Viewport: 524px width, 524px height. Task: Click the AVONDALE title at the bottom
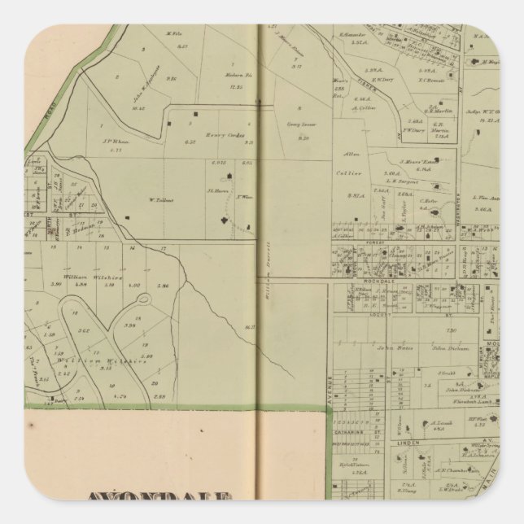[159, 498]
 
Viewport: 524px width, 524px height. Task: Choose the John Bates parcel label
[391, 346]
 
